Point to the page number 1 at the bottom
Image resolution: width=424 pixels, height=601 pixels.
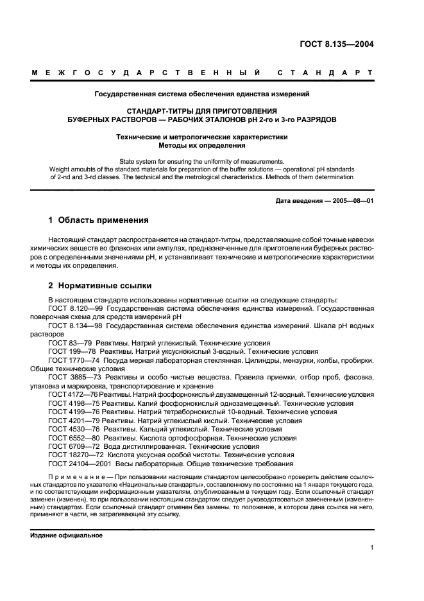point(372,548)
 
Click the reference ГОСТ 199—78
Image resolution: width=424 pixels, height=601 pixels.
point(68,351)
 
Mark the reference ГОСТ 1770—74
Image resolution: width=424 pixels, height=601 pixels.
point(71,360)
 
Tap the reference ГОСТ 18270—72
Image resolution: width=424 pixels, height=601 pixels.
point(72,455)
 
